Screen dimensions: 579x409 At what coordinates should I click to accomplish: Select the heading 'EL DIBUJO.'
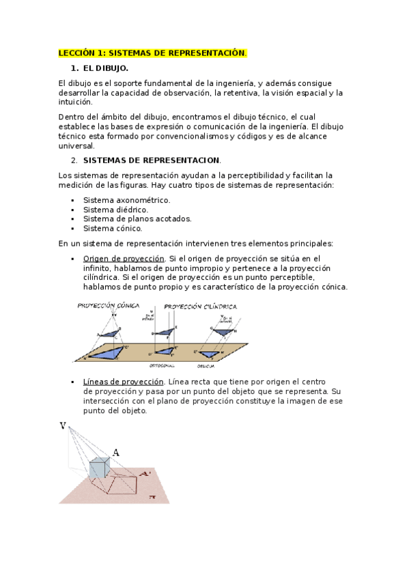[105, 68]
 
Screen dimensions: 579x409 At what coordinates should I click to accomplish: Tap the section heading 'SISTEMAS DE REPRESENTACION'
[152, 160]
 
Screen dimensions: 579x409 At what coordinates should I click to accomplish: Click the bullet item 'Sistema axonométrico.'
[126, 200]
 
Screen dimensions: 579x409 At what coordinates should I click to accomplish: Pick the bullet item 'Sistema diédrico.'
[115, 210]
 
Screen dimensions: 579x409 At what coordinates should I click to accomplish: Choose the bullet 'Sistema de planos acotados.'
[137, 219]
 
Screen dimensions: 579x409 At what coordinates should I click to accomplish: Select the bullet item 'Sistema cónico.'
[113, 229]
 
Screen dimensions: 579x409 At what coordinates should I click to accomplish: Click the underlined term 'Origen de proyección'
[124, 259]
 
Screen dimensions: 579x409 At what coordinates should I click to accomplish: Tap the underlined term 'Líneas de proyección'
[124, 382]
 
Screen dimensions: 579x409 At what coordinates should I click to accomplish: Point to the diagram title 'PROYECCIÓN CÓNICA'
[109, 306]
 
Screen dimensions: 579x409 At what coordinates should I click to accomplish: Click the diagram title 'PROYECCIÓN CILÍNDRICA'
[201, 307]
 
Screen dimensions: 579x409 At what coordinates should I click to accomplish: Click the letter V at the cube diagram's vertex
[63, 426]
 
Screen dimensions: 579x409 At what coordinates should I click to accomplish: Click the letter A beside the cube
[115, 452]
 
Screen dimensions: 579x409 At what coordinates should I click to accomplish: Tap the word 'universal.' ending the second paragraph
[78, 145]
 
